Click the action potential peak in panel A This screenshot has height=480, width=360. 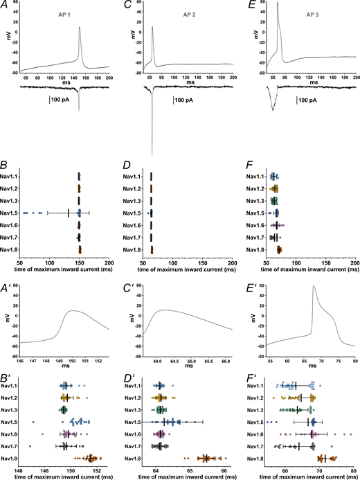80,28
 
